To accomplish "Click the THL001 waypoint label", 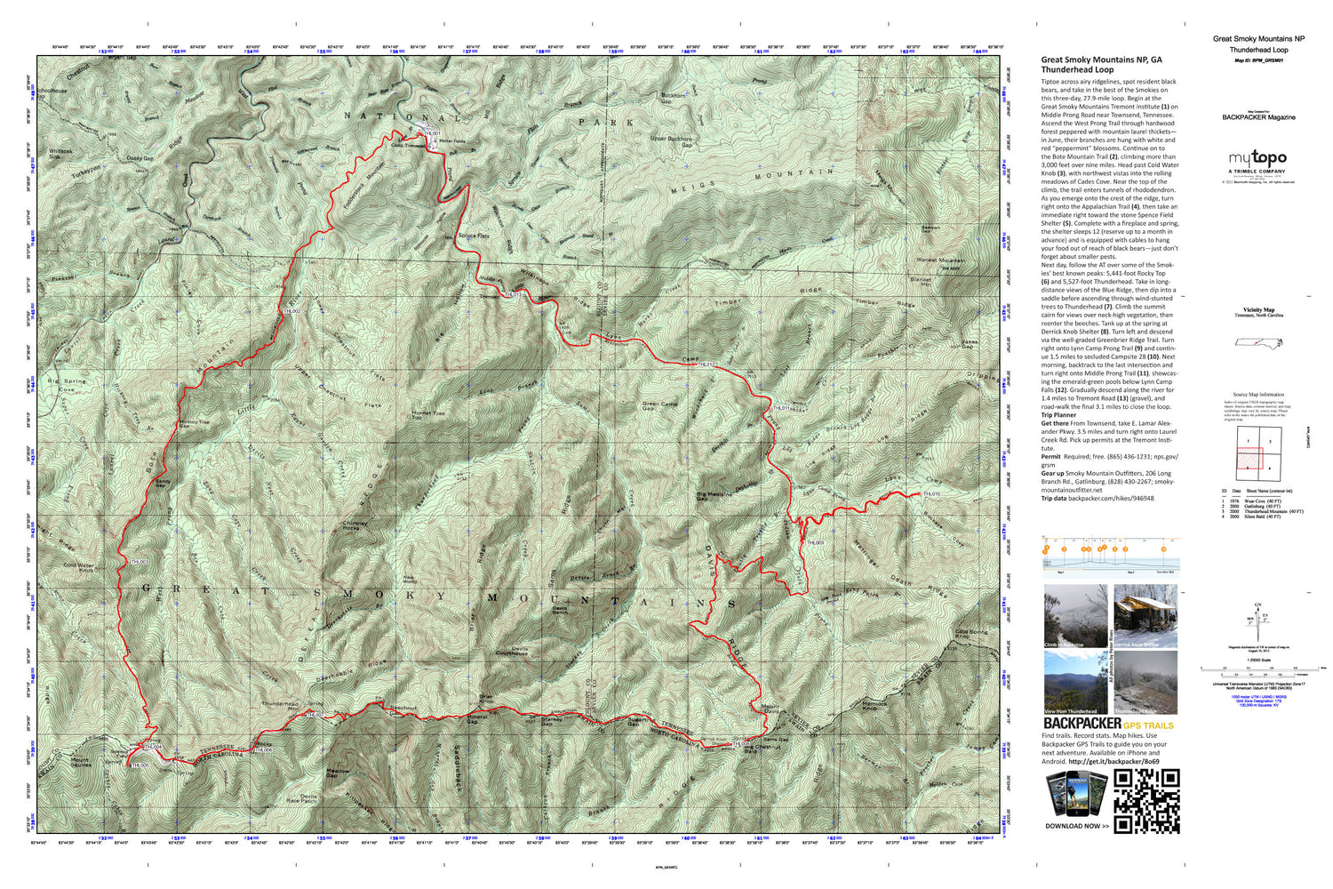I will tap(432, 133).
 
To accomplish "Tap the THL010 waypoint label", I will tap(931, 494).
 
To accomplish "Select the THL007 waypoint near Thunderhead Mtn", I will tap(313, 714).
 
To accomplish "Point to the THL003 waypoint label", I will tap(139, 562).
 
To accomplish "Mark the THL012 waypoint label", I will tap(706, 364).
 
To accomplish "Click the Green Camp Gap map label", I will tap(659, 406).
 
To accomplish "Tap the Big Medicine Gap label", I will tap(714, 496).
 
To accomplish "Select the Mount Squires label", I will tap(80, 763).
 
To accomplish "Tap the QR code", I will tap(1146, 801).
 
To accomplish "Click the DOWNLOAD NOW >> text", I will tap(1076, 826).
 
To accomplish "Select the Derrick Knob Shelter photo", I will tap(1145, 616).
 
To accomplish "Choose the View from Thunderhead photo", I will tap(1075, 682).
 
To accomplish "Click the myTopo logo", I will tap(1257, 159).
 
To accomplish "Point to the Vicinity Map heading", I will tap(1257, 310).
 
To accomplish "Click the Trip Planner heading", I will tap(1058, 415).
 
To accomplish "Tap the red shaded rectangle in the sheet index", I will tap(1249, 458).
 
